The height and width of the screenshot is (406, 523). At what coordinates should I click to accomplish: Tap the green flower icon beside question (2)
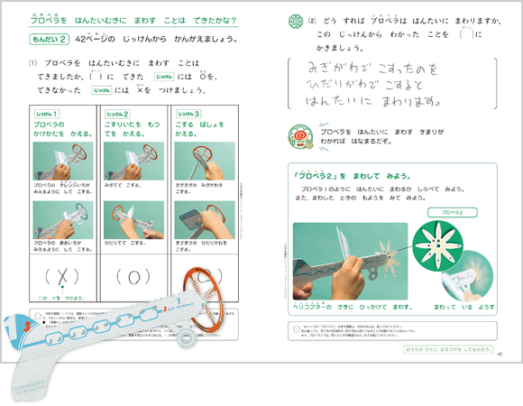coord(294,20)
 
